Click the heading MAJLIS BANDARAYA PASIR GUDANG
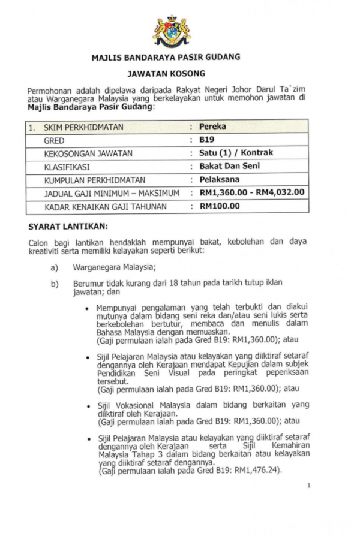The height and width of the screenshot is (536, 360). pyautogui.click(x=166, y=58)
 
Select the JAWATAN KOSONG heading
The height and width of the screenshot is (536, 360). pyautogui.click(x=166, y=74)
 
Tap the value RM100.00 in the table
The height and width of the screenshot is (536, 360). pyautogui.click(x=220, y=206)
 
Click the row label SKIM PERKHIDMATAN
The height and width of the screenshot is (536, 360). pyautogui.click(x=83, y=127)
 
